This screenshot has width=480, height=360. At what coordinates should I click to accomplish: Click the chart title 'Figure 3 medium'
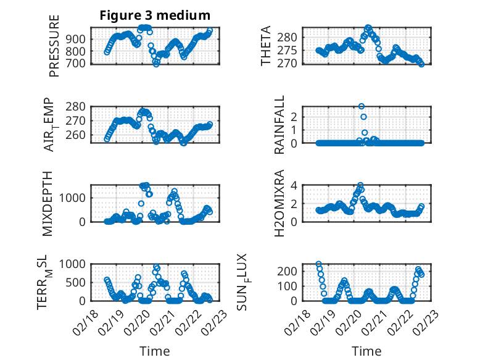point(155,15)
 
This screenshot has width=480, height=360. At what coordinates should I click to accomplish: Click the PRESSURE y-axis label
point(54,50)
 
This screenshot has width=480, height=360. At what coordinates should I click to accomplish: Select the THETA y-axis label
point(266,46)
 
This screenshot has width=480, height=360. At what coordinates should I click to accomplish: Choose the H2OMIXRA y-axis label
point(279,203)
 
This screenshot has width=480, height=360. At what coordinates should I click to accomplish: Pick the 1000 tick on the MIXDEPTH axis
point(73,197)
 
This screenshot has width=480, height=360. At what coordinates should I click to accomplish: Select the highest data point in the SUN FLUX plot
point(318,264)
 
